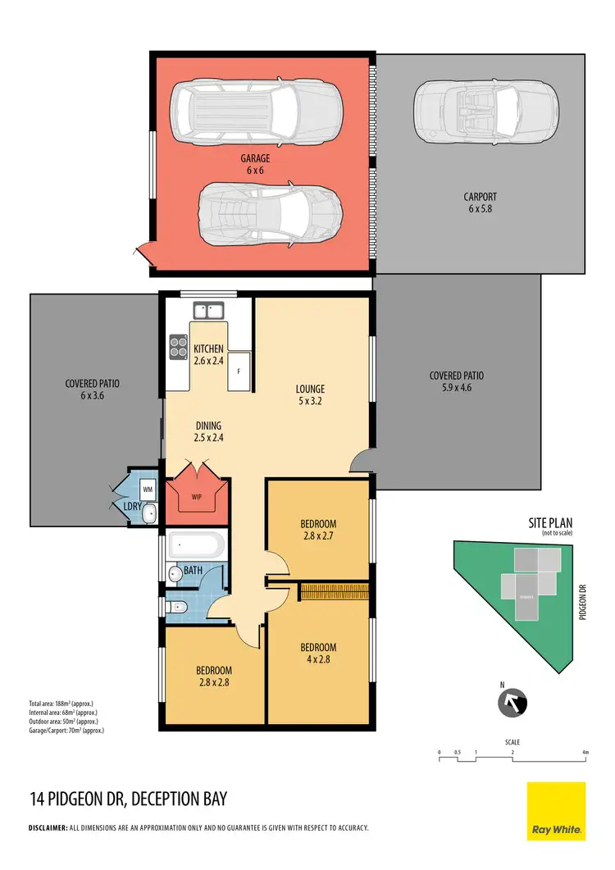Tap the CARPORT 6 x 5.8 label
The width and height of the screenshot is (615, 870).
click(x=480, y=203)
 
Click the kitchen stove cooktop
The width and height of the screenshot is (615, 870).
click(x=178, y=347)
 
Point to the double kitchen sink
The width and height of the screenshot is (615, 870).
click(x=208, y=311)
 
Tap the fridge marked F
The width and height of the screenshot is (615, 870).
click(x=239, y=371)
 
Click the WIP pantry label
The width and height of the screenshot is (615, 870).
click(x=196, y=497)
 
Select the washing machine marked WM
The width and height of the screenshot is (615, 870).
click(x=148, y=490)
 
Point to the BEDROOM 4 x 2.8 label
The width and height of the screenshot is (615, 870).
click(x=317, y=654)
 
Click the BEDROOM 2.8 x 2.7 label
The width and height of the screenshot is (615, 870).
click(x=317, y=530)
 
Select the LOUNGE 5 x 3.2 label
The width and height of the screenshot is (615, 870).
click(x=311, y=395)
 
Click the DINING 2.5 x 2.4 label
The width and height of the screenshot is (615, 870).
click(x=209, y=431)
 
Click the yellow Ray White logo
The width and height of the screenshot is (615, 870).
click(x=555, y=811)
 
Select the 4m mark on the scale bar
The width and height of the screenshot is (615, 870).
click(x=585, y=752)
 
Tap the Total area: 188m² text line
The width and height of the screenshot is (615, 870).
click(x=65, y=703)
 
